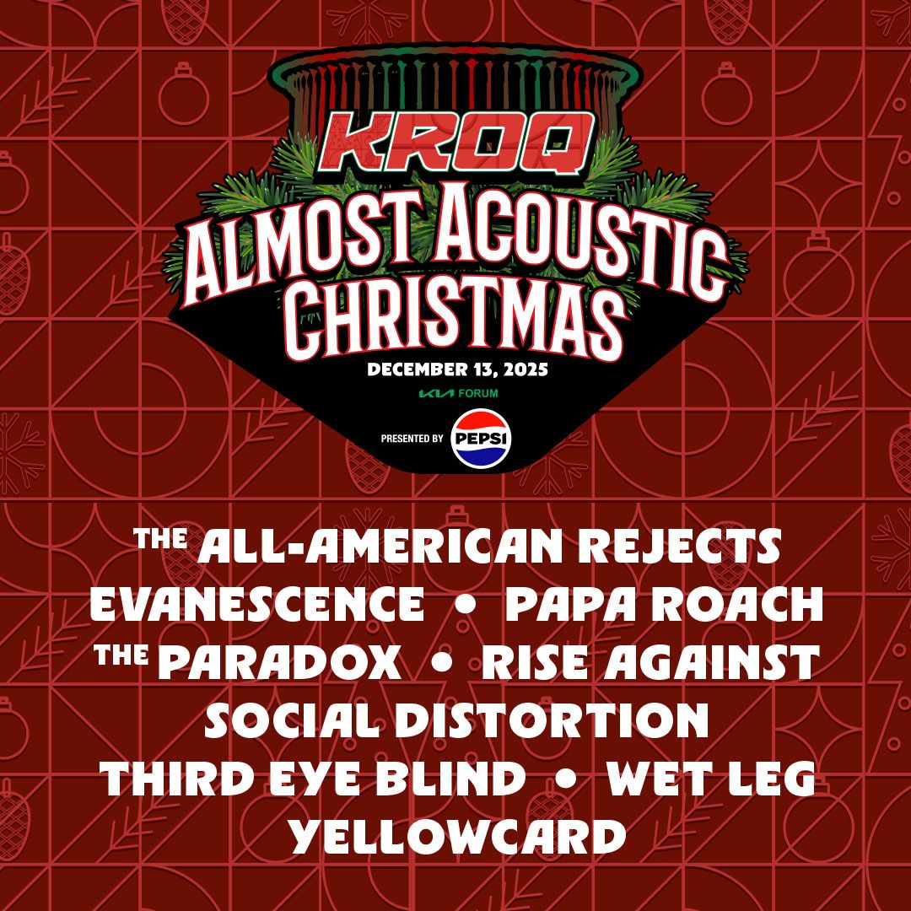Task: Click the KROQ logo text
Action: coord(455,143)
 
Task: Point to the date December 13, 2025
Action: coord(457,369)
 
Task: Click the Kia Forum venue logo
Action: coord(456,393)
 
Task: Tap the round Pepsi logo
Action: coord(477,438)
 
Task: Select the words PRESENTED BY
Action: coord(412,439)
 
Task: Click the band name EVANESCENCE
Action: coord(257,606)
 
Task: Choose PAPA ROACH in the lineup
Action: coord(664,606)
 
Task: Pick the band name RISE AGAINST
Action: coord(650,664)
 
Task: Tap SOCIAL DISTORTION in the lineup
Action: coord(456,722)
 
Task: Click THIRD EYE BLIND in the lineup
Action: coord(313,779)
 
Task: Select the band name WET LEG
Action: coord(711,779)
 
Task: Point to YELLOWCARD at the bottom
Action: coord(456,838)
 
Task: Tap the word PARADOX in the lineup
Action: coord(279,664)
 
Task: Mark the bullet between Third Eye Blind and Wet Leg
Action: coord(566,780)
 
